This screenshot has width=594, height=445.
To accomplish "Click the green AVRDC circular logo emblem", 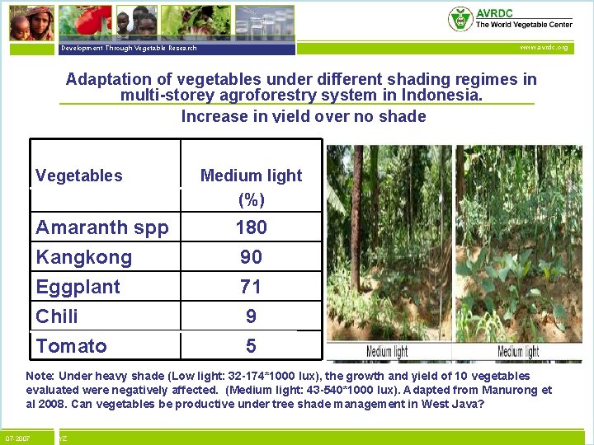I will coord(460,19).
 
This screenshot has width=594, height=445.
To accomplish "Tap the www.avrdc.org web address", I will coord(543,48).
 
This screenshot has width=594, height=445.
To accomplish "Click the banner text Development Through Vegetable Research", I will coord(128,48).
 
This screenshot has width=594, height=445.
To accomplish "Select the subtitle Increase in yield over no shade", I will coord(303,116).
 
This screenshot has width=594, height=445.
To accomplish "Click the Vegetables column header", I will coord(79,176).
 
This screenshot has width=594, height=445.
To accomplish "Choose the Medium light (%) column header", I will coord(251,187).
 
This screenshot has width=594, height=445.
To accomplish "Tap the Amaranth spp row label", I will coord(101,227).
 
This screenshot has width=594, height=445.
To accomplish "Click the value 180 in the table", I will coord(251,227).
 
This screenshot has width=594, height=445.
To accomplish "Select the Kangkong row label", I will coord(83,257).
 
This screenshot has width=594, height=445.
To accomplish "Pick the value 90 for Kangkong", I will coord(251,257).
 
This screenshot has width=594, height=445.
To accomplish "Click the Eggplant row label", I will coord(78,287).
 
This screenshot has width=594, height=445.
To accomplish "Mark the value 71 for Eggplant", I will coord(251,287).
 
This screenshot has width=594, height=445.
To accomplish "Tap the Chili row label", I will coord(57,316).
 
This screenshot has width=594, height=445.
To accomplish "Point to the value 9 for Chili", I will coord(251,316).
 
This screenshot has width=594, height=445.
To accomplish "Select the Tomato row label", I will coord(71,346).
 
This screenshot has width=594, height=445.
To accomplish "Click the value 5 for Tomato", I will coord(251,346).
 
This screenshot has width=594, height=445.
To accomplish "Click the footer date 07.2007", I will coord(17,438).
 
